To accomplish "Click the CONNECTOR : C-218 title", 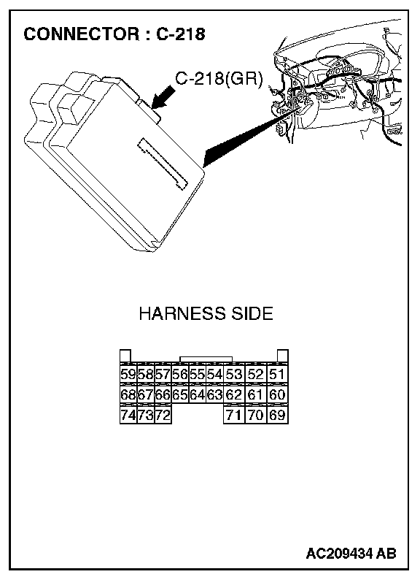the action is coord(114,34).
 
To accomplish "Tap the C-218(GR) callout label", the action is coord(219,78).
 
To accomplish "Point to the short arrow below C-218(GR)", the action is coord(163,97).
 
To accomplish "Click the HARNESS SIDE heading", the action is coord(206,313).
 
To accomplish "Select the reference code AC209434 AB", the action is coord(351,553).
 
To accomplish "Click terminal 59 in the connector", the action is coord(128,374).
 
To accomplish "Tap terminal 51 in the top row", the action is coord(277,374).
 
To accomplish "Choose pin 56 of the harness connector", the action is coord(180,374).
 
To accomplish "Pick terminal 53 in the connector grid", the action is coord(234,374).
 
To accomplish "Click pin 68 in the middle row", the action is coord(128,394).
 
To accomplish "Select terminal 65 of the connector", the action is coord(180,394).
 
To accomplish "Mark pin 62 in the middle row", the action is coord(234,394).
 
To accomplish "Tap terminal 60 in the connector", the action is coord(277,394).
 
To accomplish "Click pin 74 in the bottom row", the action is coord(128,415).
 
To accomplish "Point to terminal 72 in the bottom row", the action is coord(163,415).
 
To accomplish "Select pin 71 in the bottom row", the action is coord(234,415).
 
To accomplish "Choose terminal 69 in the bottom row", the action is coord(277,415).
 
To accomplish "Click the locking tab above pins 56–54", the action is coord(206,359).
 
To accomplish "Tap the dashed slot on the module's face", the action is coord(162,164).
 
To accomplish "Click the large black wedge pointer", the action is coord(254,136).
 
